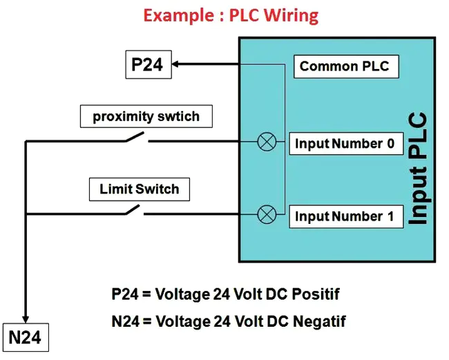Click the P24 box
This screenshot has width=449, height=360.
(x=146, y=65)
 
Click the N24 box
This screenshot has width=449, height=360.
(x=26, y=338)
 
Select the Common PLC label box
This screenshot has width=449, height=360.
(x=344, y=66)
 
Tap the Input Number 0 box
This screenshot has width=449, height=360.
(x=345, y=144)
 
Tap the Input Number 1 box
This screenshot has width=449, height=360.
(x=345, y=216)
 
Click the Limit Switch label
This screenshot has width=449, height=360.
(x=139, y=189)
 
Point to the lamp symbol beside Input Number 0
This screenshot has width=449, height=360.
(x=266, y=143)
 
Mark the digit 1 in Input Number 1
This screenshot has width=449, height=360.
(x=390, y=216)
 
